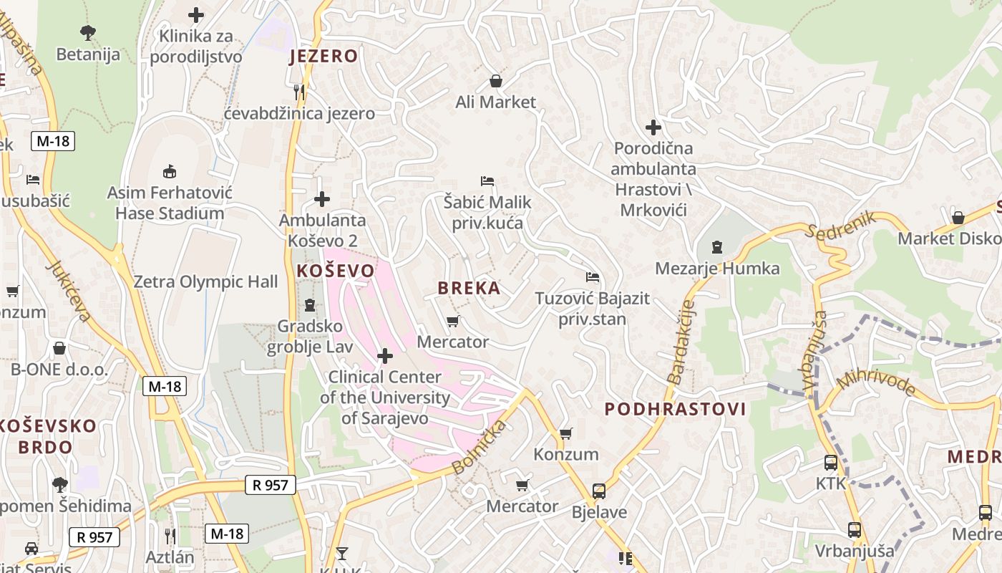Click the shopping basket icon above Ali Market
coord(495,81)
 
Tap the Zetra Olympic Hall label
coord(205,281)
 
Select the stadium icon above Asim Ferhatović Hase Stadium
coord(170,171)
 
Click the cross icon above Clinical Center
coord(385,355)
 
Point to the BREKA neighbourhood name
coord(469,288)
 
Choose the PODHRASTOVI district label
coord(675,409)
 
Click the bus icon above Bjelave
coord(599,491)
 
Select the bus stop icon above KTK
coord(830,463)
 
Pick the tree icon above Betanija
coord(88,32)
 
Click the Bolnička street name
coord(479,448)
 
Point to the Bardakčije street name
coord(681,341)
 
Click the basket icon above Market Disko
coord(958,217)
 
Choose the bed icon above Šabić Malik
coord(487,180)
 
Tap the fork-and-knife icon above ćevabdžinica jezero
coord(299,92)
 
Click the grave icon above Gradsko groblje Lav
coord(309,305)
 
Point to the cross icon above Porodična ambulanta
coord(653,127)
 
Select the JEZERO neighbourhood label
coord(324,56)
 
